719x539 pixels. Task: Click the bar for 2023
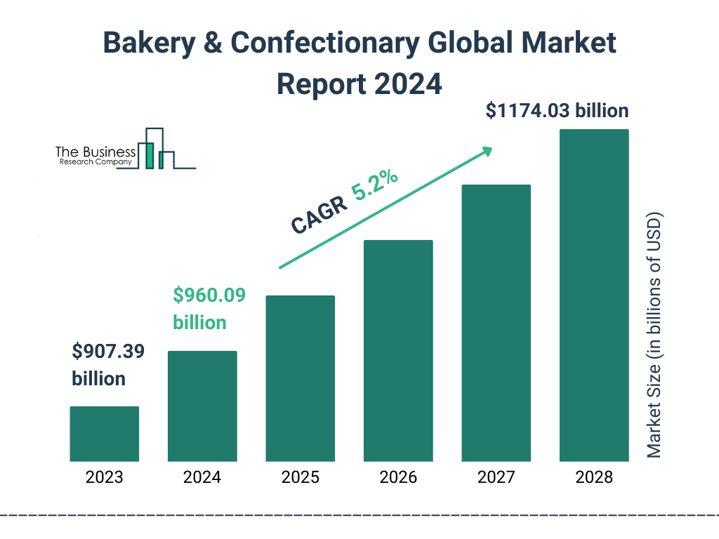[x=104, y=434]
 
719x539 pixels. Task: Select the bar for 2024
[x=202, y=406]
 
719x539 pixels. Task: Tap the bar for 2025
[x=300, y=378]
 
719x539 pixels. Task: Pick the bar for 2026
[x=398, y=350]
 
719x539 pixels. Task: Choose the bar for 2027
[x=496, y=323]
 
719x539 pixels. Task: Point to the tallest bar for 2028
[x=594, y=295]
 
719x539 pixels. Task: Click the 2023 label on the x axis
[x=104, y=478]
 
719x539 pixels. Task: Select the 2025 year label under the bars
[x=300, y=478]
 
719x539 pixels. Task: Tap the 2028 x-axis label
[x=594, y=478]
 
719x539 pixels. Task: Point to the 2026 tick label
[x=398, y=478]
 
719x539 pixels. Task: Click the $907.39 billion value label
[x=108, y=365]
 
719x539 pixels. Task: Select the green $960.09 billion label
[x=209, y=309]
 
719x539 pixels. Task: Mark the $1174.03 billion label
[x=557, y=111]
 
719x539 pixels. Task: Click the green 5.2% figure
[x=376, y=187]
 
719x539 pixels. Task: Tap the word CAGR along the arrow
[x=318, y=214]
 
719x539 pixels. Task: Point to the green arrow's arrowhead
[x=487, y=150]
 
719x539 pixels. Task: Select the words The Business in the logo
[x=95, y=152]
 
